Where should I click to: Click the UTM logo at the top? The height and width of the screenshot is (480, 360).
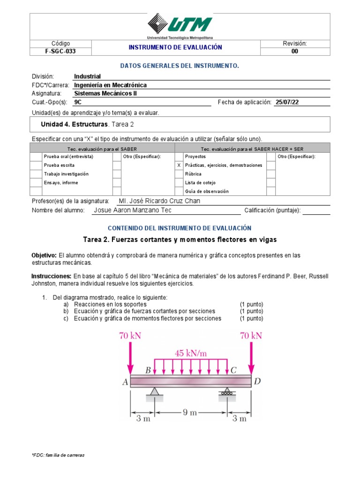click(x=180, y=25)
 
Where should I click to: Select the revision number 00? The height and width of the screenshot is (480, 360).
click(x=294, y=52)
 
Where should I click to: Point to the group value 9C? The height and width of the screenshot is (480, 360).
click(x=78, y=102)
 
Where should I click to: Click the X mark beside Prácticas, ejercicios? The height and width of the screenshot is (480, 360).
click(x=178, y=165)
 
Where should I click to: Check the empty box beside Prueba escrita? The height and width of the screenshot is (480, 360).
click(x=36, y=165)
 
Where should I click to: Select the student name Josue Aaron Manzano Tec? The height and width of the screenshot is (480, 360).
click(x=133, y=210)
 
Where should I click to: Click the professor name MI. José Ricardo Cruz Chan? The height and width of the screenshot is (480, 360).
click(x=159, y=201)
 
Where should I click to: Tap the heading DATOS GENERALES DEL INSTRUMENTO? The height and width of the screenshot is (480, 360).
click(x=180, y=66)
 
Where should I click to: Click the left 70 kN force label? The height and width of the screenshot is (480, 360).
click(x=130, y=336)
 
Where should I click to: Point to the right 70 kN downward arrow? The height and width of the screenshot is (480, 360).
click(x=252, y=356)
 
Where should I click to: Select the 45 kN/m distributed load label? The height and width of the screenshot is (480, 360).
click(x=191, y=353)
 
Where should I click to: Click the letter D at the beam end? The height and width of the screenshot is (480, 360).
click(x=257, y=382)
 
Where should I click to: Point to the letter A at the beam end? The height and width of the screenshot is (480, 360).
click(x=125, y=382)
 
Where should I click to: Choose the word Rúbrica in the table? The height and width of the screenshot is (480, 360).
click(x=193, y=174)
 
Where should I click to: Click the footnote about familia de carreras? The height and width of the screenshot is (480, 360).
click(x=58, y=455)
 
